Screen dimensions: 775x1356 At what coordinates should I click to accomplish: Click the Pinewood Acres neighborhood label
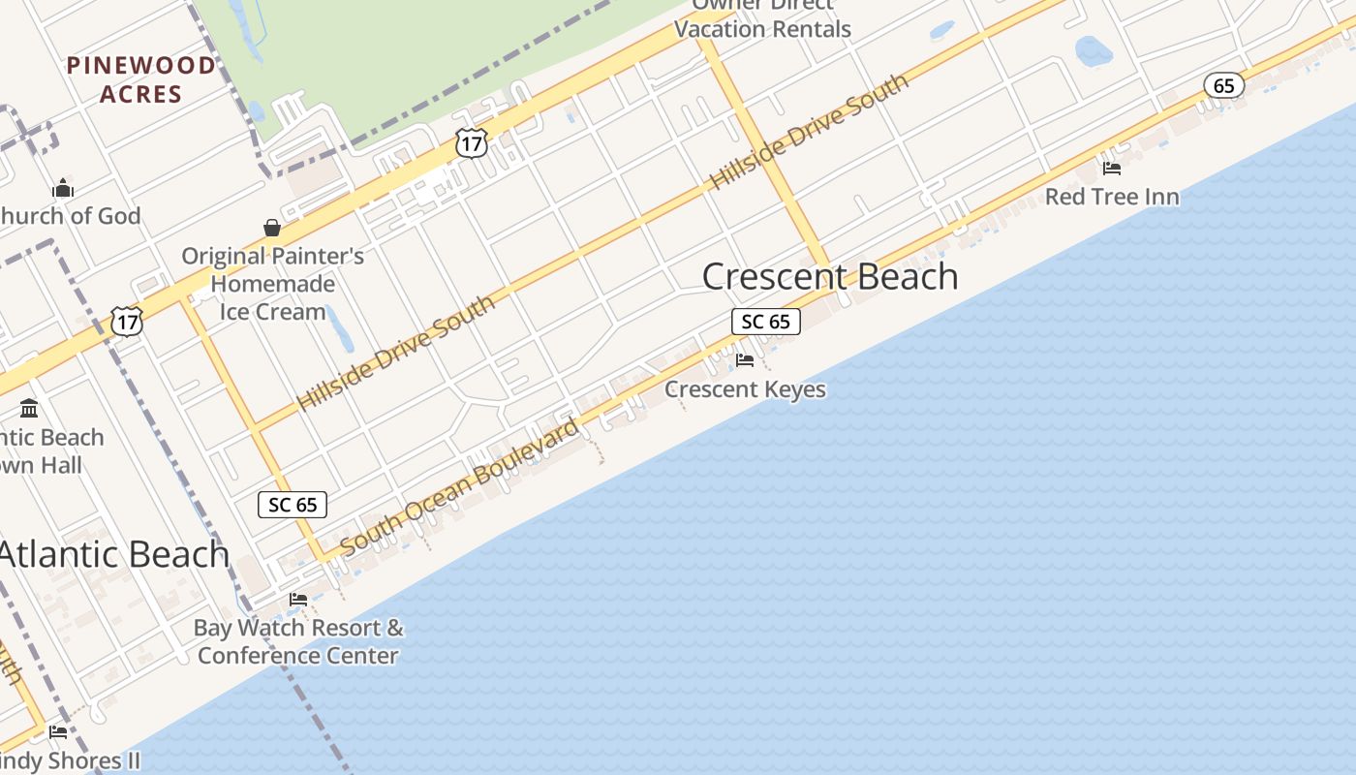tap(140, 79)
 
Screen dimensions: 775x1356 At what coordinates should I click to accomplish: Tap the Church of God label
tap(70, 216)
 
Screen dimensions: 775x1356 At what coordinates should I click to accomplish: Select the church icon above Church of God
tap(63, 188)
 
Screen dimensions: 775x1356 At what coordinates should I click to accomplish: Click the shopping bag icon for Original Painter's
tap(272, 228)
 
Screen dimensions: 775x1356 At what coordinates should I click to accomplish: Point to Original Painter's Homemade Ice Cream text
tap(273, 284)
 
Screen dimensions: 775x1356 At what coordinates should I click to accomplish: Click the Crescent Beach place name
tap(830, 277)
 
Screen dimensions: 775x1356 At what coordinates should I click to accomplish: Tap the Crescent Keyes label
tap(745, 389)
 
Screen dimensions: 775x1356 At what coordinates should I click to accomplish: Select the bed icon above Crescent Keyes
tap(745, 360)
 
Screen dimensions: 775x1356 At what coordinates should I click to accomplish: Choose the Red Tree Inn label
tap(1112, 197)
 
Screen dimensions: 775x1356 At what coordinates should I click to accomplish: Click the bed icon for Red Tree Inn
tap(1112, 168)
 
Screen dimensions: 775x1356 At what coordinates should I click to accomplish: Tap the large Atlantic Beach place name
tap(113, 554)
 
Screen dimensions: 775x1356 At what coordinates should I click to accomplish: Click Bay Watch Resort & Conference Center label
tap(298, 641)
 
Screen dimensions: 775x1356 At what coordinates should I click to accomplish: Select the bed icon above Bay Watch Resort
tap(298, 600)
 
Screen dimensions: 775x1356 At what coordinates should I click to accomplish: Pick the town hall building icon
tap(29, 408)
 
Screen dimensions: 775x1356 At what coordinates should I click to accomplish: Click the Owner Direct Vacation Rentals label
tap(762, 19)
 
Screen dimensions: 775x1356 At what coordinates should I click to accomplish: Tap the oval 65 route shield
tap(1224, 85)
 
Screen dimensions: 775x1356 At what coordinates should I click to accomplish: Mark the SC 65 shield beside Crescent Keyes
tap(765, 322)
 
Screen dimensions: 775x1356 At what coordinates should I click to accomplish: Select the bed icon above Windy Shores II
tap(58, 731)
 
